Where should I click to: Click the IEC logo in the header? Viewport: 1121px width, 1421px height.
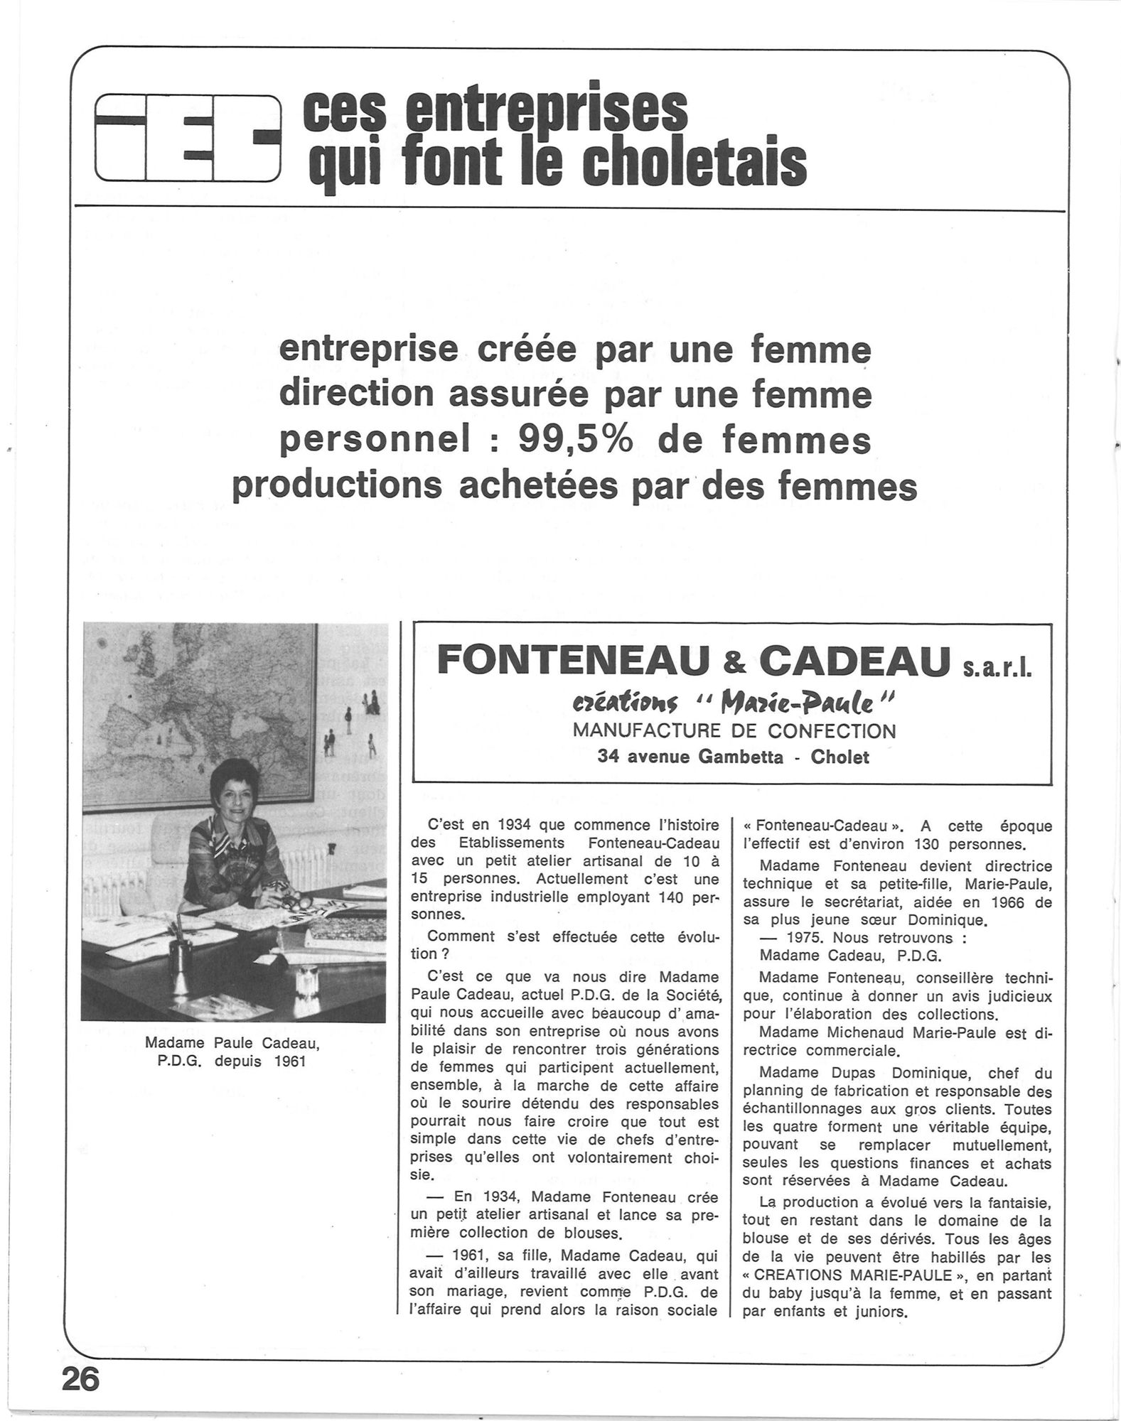pyautogui.click(x=187, y=138)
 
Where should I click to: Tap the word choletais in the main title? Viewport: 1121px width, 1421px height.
pyautogui.click(x=694, y=165)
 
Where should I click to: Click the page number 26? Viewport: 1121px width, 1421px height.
pyautogui.click(x=81, y=1379)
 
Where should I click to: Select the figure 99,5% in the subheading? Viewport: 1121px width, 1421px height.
pyautogui.click(x=575, y=441)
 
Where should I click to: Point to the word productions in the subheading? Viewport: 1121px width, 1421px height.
pyautogui.click(x=345, y=487)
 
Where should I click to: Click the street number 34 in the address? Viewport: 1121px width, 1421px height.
pyautogui.click(x=608, y=757)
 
